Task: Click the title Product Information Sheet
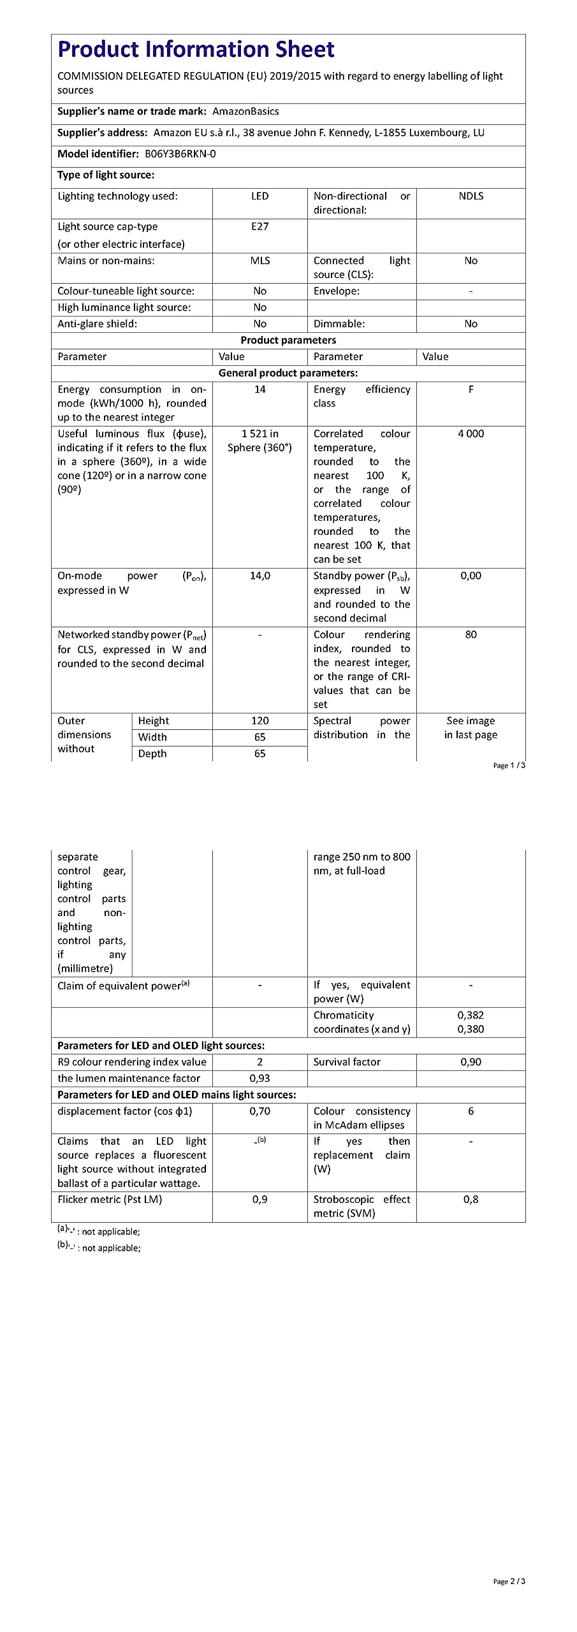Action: pos(196,50)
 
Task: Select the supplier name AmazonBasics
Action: pos(245,112)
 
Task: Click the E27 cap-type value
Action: pos(259,227)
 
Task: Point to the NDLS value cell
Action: pos(471,196)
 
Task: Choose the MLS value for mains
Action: pos(259,261)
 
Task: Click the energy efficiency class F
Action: pos(471,390)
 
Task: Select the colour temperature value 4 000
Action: pos(471,433)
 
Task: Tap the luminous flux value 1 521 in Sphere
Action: pos(259,441)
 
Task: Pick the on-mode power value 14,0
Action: pos(259,576)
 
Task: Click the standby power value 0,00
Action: pos(471,576)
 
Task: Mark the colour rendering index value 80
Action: pos(471,635)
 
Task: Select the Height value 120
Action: pos(259,721)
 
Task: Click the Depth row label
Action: pos(152,754)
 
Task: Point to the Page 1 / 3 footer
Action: pos(509,766)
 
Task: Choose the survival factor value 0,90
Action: pos(471,1062)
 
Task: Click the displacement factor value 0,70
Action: pos(259,1111)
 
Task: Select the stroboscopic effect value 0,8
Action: pos(471,1200)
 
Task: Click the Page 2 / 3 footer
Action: pos(509,1582)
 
